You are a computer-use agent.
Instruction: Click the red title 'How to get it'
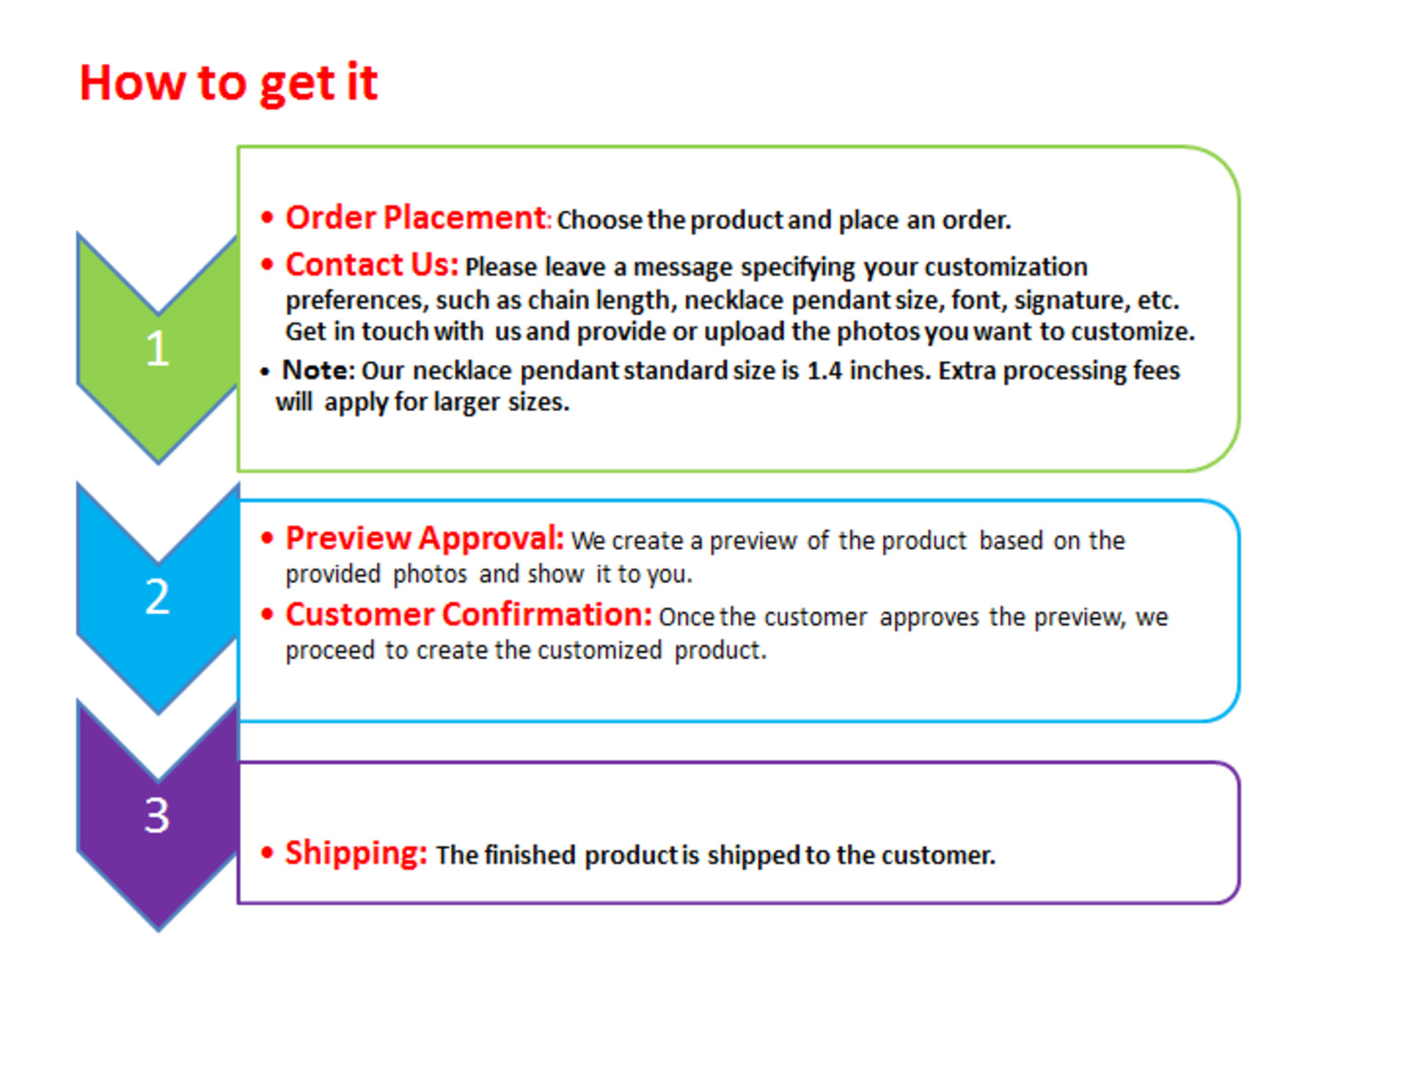pyautogui.click(x=227, y=84)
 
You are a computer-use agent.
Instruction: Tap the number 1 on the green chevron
pyautogui.click(x=157, y=348)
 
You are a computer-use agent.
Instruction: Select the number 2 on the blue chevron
pyautogui.click(x=157, y=596)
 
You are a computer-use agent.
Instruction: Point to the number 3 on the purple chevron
pyautogui.click(x=157, y=815)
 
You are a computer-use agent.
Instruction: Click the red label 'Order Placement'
pyautogui.click(x=416, y=218)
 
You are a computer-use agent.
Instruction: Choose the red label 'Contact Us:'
pyautogui.click(x=372, y=264)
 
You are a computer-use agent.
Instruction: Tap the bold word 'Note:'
pyautogui.click(x=318, y=370)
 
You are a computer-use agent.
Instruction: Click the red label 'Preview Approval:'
pyautogui.click(x=424, y=538)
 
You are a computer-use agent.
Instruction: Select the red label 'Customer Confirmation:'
pyautogui.click(x=469, y=615)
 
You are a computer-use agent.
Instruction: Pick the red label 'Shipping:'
pyautogui.click(x=356, y=852)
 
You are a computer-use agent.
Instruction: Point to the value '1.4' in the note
pyautogui.click(x=824, y=370)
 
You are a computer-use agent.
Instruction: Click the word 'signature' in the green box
pyautogui.click(x=1069, y=301)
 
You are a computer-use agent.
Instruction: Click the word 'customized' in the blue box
pyautogui.click(x=600, y=650)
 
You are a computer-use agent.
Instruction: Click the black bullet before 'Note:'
pyautogui.click(x=264, y=372)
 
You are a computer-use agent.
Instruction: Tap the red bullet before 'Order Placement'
pyautogui.click(x=267, y=218)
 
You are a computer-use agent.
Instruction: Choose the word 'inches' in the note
pyautogui.click(x=891, y=370)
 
